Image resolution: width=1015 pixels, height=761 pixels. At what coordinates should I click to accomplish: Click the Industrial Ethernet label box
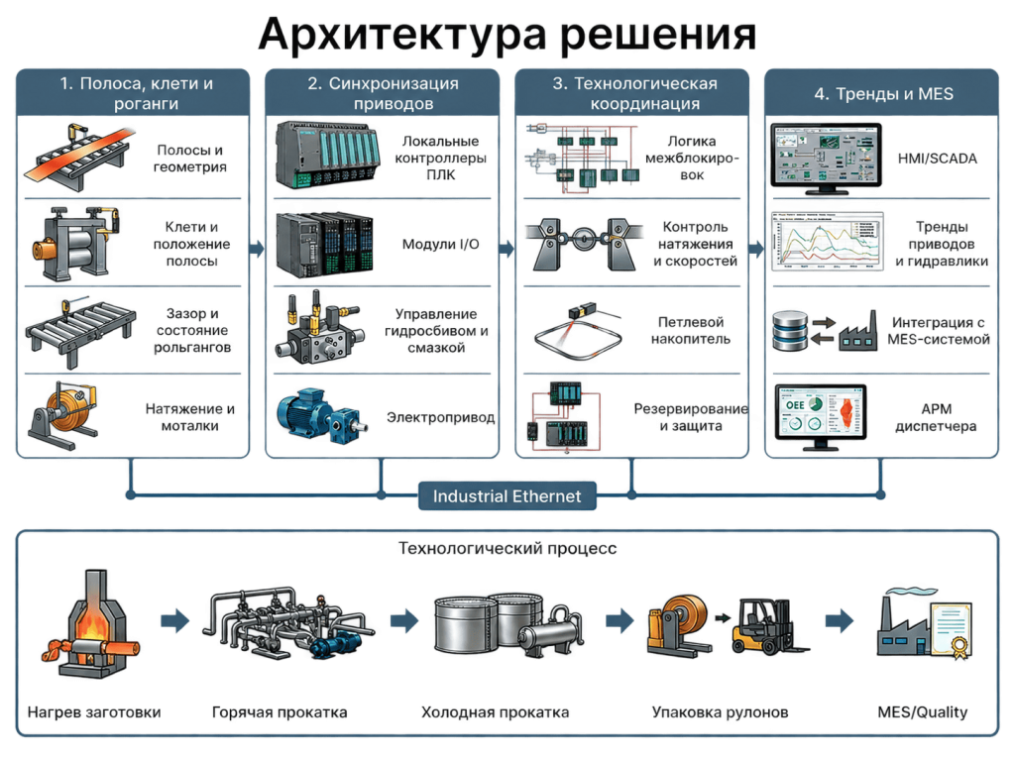pyautogui.click(x=507, y=495)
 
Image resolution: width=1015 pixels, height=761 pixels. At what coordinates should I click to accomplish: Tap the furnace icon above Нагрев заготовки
pyautogui.click(x=91, y=623)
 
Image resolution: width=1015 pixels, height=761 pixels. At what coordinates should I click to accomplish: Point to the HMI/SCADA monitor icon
pyautogui.click(x=826, y=159)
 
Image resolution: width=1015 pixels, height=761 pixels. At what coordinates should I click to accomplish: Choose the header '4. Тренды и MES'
pyautogui.click(x=883, y=94)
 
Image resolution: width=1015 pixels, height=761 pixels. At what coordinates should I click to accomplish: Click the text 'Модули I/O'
pyautogui.click(x=441, y=244)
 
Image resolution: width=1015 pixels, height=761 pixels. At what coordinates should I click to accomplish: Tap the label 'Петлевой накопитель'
pyautogui.click(x=691, y=330)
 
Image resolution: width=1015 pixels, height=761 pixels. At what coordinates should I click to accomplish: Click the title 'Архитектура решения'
pyautogui.click(x=507, y=34)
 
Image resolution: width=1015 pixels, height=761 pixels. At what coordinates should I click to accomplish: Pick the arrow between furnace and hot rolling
pyautogui.click(x=174, y=620)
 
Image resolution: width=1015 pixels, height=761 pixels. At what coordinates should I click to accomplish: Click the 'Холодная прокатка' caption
pyautogui.click(x=496, y=712)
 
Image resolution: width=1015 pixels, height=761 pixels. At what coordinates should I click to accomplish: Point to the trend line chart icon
pyautogui.click(x=828, y=241)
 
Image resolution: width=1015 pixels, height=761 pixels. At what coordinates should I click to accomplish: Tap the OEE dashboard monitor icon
pyautogui.click(x=821, y=417)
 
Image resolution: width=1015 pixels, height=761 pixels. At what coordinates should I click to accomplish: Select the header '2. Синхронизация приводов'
pyautogui.click(x=383, y=93)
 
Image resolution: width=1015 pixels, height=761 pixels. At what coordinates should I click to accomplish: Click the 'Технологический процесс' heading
pyautogui.click(x=507, y=549)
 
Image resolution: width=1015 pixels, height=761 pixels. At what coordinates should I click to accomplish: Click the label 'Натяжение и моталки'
pyautogui.click(x=189, y=417)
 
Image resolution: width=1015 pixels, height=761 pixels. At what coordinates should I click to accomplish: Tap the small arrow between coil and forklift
pyautogui.click(x=723, y=618)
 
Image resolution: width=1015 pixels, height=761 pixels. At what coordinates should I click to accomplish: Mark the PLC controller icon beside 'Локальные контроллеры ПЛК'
pyautogui.click(x=327, y=156)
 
